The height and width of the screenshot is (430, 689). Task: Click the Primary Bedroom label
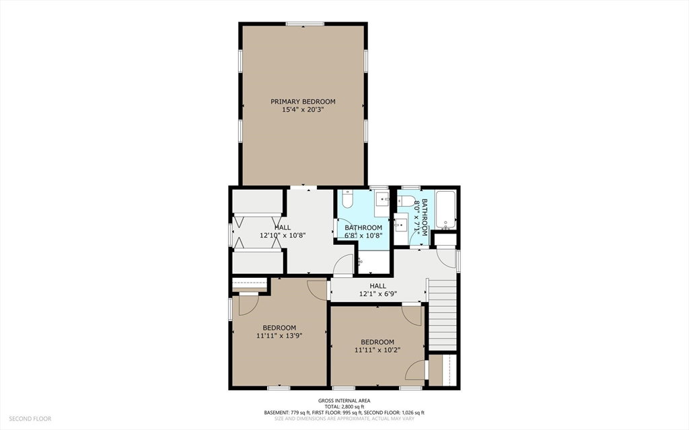click(303, 102)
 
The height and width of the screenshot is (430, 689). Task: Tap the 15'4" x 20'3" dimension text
click(303, 110)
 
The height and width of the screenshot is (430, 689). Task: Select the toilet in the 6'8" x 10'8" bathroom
click(347, 199)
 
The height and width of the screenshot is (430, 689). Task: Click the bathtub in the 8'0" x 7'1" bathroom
click(446, 210)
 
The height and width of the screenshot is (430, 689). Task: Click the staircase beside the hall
click(442, 315)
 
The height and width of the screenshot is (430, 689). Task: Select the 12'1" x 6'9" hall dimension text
click(378, 293)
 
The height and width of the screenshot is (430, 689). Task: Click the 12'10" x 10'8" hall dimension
click(283, 236)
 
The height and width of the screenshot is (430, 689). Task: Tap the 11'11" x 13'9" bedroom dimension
click(279, 336)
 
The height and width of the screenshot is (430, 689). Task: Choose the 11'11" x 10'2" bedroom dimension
click(377, 350)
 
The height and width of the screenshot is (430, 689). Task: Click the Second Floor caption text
click(30, 419)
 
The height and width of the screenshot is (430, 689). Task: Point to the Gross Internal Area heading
click(344, 400)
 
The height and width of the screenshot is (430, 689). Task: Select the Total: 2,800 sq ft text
click(344, 406)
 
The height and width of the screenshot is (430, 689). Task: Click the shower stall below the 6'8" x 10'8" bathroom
click(374, 262)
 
